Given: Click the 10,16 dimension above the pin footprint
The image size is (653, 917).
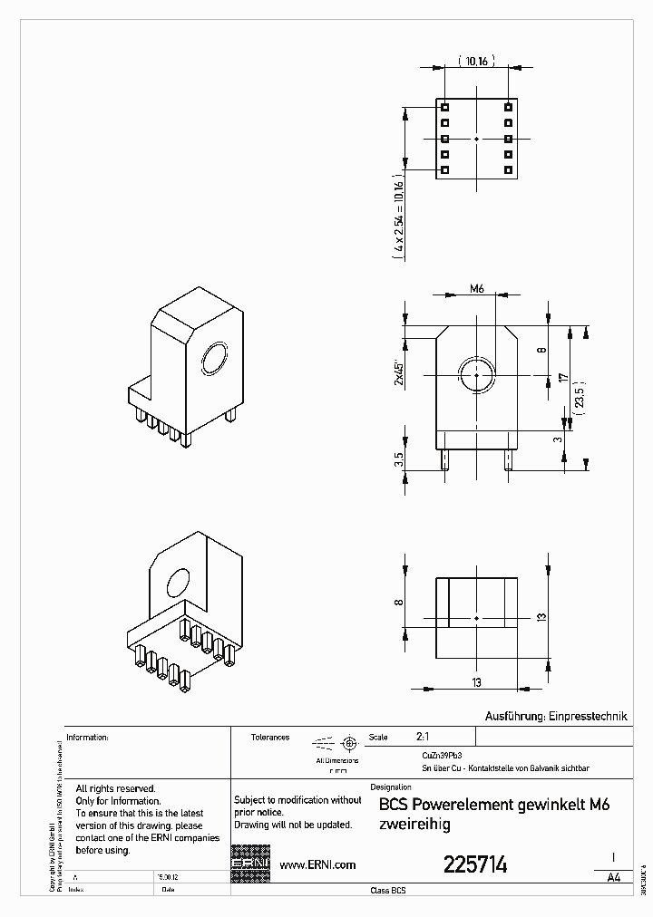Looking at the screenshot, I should [477, 62].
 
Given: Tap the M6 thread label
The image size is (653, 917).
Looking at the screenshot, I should [477, 289].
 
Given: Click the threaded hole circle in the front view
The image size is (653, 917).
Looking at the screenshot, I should [476, 373].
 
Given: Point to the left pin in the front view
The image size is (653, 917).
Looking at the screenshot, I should [445, 458].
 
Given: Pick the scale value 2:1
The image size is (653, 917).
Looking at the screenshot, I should [423, 737].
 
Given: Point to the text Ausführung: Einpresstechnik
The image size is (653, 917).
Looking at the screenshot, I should [557, 716].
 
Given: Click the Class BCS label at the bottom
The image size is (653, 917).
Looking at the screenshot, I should [388, 891].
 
